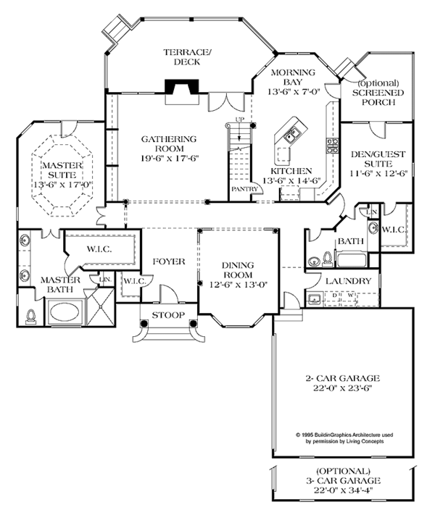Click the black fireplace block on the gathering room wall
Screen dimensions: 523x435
178,87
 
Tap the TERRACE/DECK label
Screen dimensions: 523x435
187,57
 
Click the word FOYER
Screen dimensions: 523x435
168,261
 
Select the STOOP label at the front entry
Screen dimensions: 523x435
168,314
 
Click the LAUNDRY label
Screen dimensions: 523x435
348,281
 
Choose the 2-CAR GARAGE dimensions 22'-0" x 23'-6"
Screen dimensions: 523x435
343,389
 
